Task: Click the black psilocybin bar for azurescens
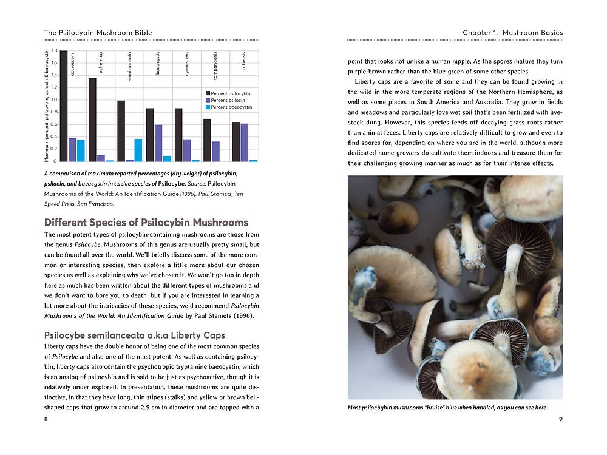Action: click(64, 106)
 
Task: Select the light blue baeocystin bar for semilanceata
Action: click(138, 150)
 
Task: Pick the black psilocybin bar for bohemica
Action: click(92, 120)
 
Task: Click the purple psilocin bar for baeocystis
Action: click(158, 143)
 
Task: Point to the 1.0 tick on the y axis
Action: click(54, 100)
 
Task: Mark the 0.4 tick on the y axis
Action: click(54, 137)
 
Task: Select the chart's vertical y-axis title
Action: click(47, 106)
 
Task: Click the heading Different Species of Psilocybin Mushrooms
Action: click(146, 223)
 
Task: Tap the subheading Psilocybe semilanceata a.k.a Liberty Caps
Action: click(135, 335)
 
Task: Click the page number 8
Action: click(46, 419)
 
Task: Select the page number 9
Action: click(560, 419)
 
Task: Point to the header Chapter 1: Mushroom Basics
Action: click(512, 32)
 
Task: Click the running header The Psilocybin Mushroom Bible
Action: click(98, 32)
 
